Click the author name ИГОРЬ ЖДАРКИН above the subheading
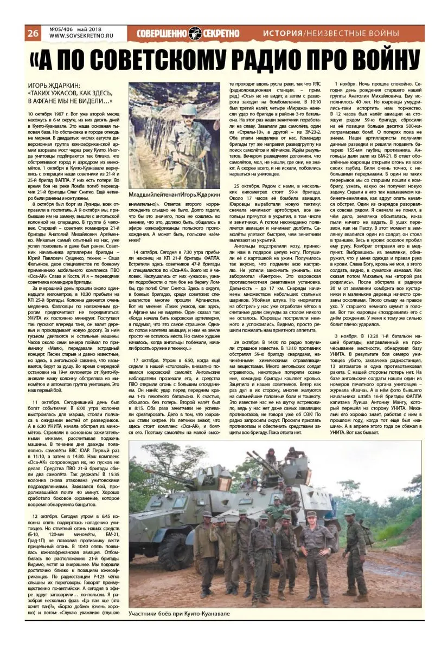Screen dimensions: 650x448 54,85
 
